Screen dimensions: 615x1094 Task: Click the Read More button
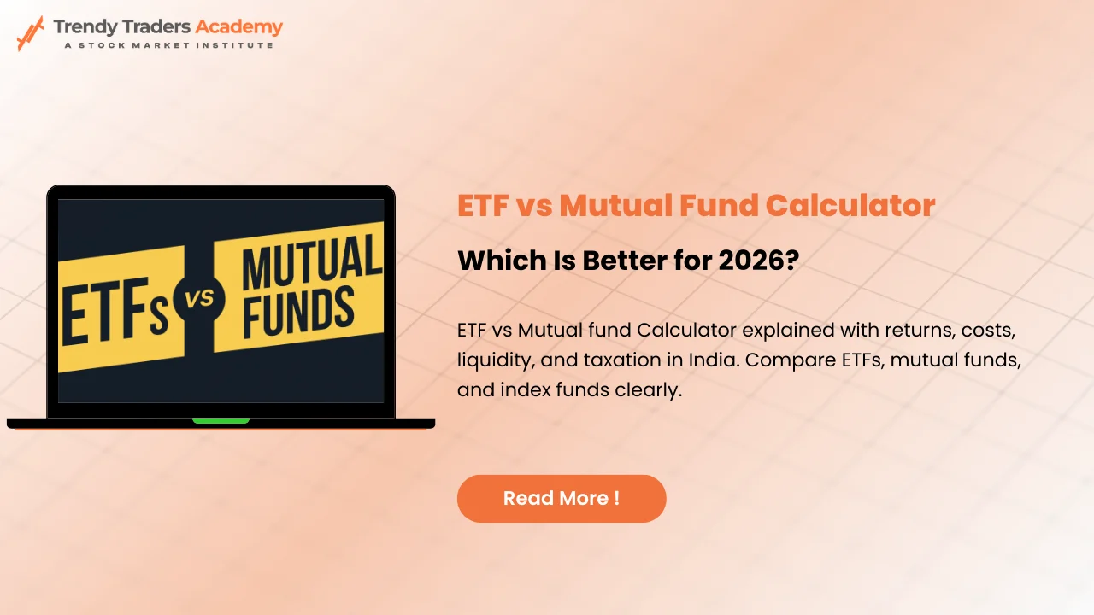point(562,499)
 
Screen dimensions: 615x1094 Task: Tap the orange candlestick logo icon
point(31,32)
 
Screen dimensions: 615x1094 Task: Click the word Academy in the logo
point(238,26)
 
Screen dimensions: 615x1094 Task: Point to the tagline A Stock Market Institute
point(168,45)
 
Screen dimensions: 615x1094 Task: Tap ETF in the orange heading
point(485,206)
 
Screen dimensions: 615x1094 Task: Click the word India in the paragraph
point(714,360)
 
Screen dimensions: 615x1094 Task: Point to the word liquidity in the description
point(493,360)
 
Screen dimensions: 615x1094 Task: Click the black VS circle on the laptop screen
point(199,298)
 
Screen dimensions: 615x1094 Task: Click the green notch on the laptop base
point(221,420)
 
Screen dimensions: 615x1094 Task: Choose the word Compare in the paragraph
point(785,360)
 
